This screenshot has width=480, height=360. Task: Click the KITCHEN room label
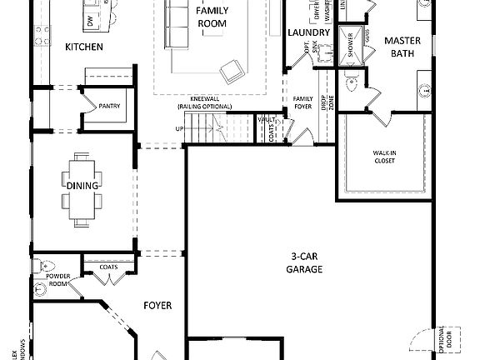[84, 47]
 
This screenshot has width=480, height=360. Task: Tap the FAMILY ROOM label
[212, 17]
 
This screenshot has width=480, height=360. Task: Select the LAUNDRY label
[308, 32]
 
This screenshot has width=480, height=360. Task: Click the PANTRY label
[109, 107]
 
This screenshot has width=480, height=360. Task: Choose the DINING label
[85, 185]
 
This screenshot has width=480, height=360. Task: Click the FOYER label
[157, 306]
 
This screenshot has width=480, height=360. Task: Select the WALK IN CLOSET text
[383, 157]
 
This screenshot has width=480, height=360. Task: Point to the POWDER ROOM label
[57, 279]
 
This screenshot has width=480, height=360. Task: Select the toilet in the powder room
[40, 267]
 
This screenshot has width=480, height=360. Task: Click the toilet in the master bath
[351, 83]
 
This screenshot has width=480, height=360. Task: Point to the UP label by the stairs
[179, 129]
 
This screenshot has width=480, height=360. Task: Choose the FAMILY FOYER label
[302, 104]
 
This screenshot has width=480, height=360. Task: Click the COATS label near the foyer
[108, 267]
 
